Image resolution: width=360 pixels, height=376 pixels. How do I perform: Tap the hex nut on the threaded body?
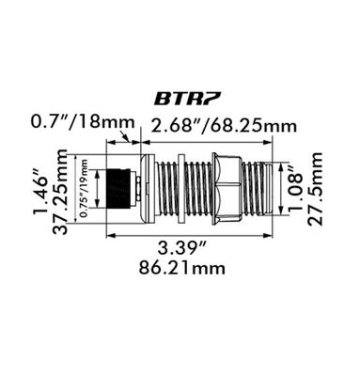(227, 190)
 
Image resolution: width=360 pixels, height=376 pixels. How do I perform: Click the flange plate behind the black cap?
(146, 190)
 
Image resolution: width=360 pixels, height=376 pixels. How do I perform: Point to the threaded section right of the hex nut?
(260, 190)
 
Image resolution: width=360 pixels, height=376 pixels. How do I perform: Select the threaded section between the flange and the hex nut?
(183, 190)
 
